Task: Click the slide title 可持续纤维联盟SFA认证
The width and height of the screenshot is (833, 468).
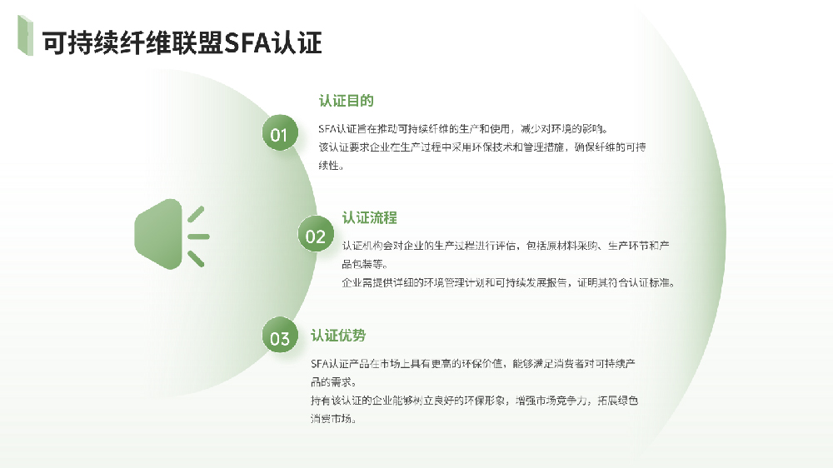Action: pos(182,43)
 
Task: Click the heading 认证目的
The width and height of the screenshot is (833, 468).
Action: pos(346,101)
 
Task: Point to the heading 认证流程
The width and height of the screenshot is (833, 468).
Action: pos(369,217)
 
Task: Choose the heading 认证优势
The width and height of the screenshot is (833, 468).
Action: pos(338,336)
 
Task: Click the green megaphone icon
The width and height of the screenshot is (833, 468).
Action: pos(172,234)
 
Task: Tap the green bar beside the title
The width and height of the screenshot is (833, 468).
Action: pos(25,35)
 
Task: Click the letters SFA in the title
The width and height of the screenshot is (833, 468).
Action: pos(247,43)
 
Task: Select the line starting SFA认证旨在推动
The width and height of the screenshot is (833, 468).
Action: pos(463,128)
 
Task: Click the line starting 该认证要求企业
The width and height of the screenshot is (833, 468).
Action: pos(481,147)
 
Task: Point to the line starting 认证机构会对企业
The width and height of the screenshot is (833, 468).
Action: pos(506,246)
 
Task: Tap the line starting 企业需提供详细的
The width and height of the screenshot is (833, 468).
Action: pos(508,282)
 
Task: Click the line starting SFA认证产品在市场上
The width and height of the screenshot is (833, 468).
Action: pos(473,364)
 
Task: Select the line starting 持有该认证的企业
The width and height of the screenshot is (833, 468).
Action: pos(474,401)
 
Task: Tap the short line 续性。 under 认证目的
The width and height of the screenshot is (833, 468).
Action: pos(332,165)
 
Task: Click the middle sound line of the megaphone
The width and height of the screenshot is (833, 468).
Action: pos(199,236)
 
